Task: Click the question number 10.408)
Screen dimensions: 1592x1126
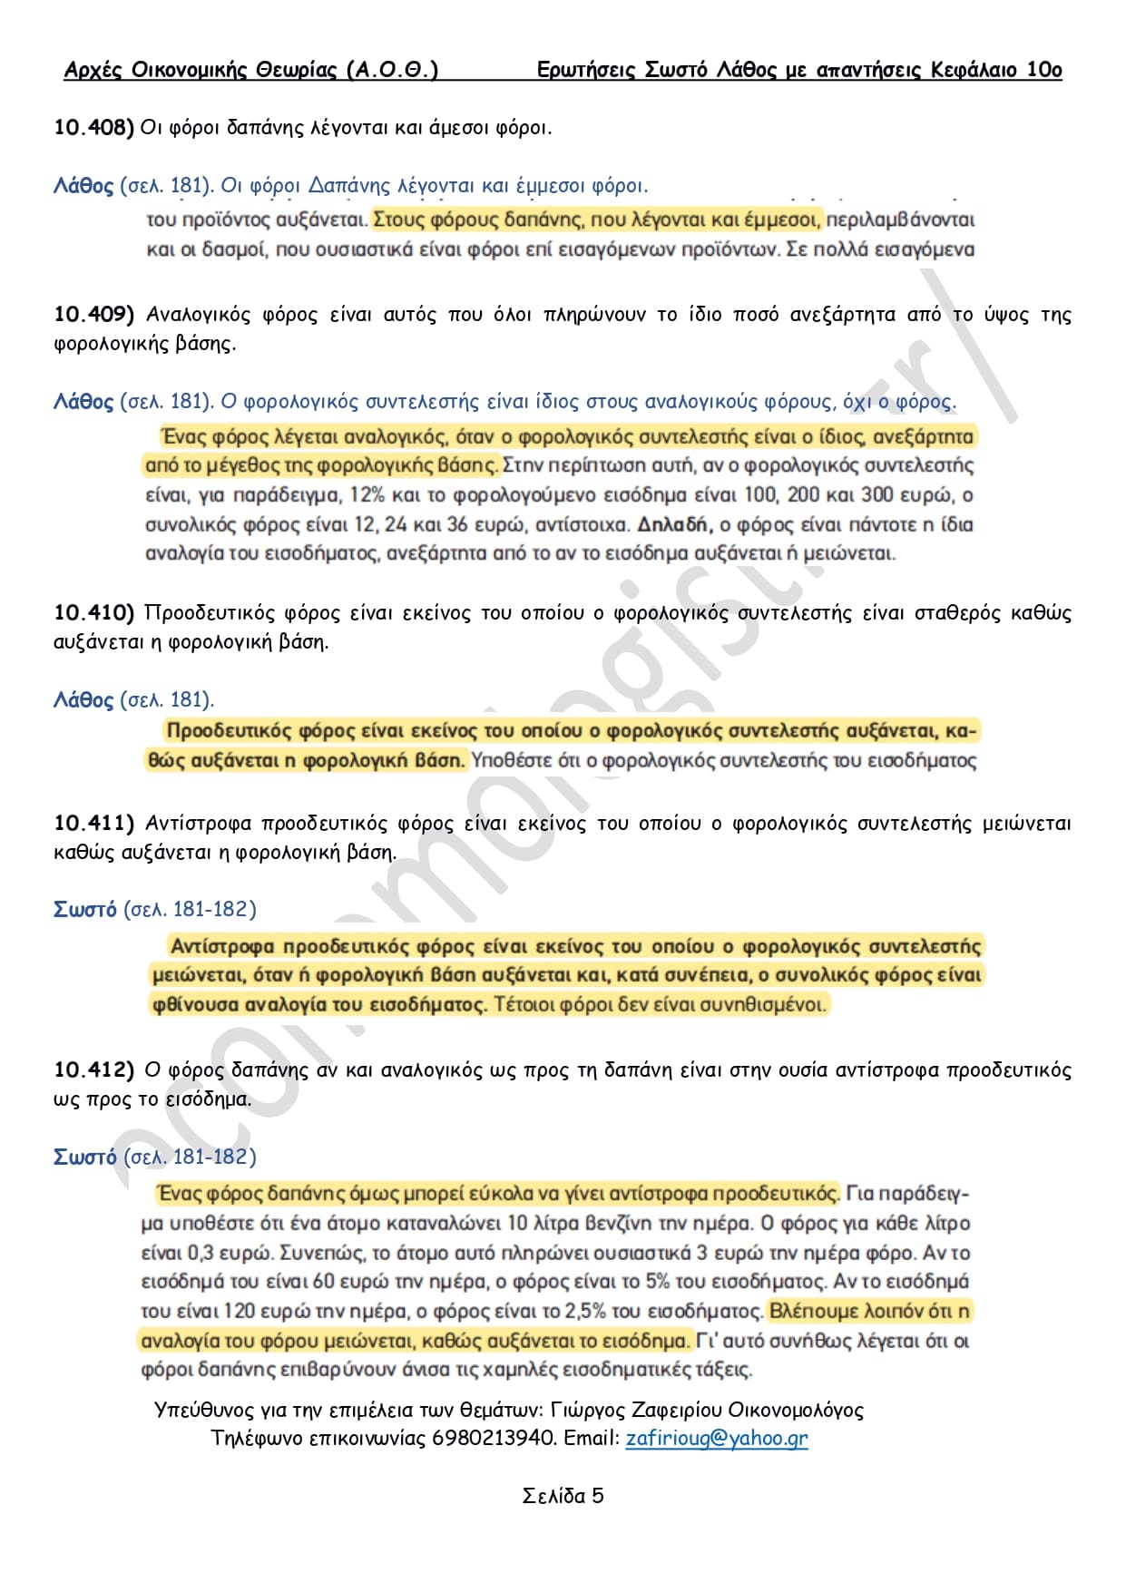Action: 93,128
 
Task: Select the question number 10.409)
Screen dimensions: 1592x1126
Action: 93,315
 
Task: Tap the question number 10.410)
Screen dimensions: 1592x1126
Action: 93,613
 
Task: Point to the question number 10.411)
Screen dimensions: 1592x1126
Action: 93,824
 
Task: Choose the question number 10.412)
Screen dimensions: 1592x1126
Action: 93,1070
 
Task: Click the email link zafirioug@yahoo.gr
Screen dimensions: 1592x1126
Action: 716,1438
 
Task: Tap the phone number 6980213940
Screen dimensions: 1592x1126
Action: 494,1438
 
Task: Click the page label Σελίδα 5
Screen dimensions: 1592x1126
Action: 563,1496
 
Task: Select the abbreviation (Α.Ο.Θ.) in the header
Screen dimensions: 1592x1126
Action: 392,70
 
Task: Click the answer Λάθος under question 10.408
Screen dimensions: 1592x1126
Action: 83,186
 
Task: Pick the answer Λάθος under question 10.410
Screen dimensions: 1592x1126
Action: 83,700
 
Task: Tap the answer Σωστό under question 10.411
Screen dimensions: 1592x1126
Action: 85,910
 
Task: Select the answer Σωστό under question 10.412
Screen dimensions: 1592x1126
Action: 85,1157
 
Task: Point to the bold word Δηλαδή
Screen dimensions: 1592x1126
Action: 672,524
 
